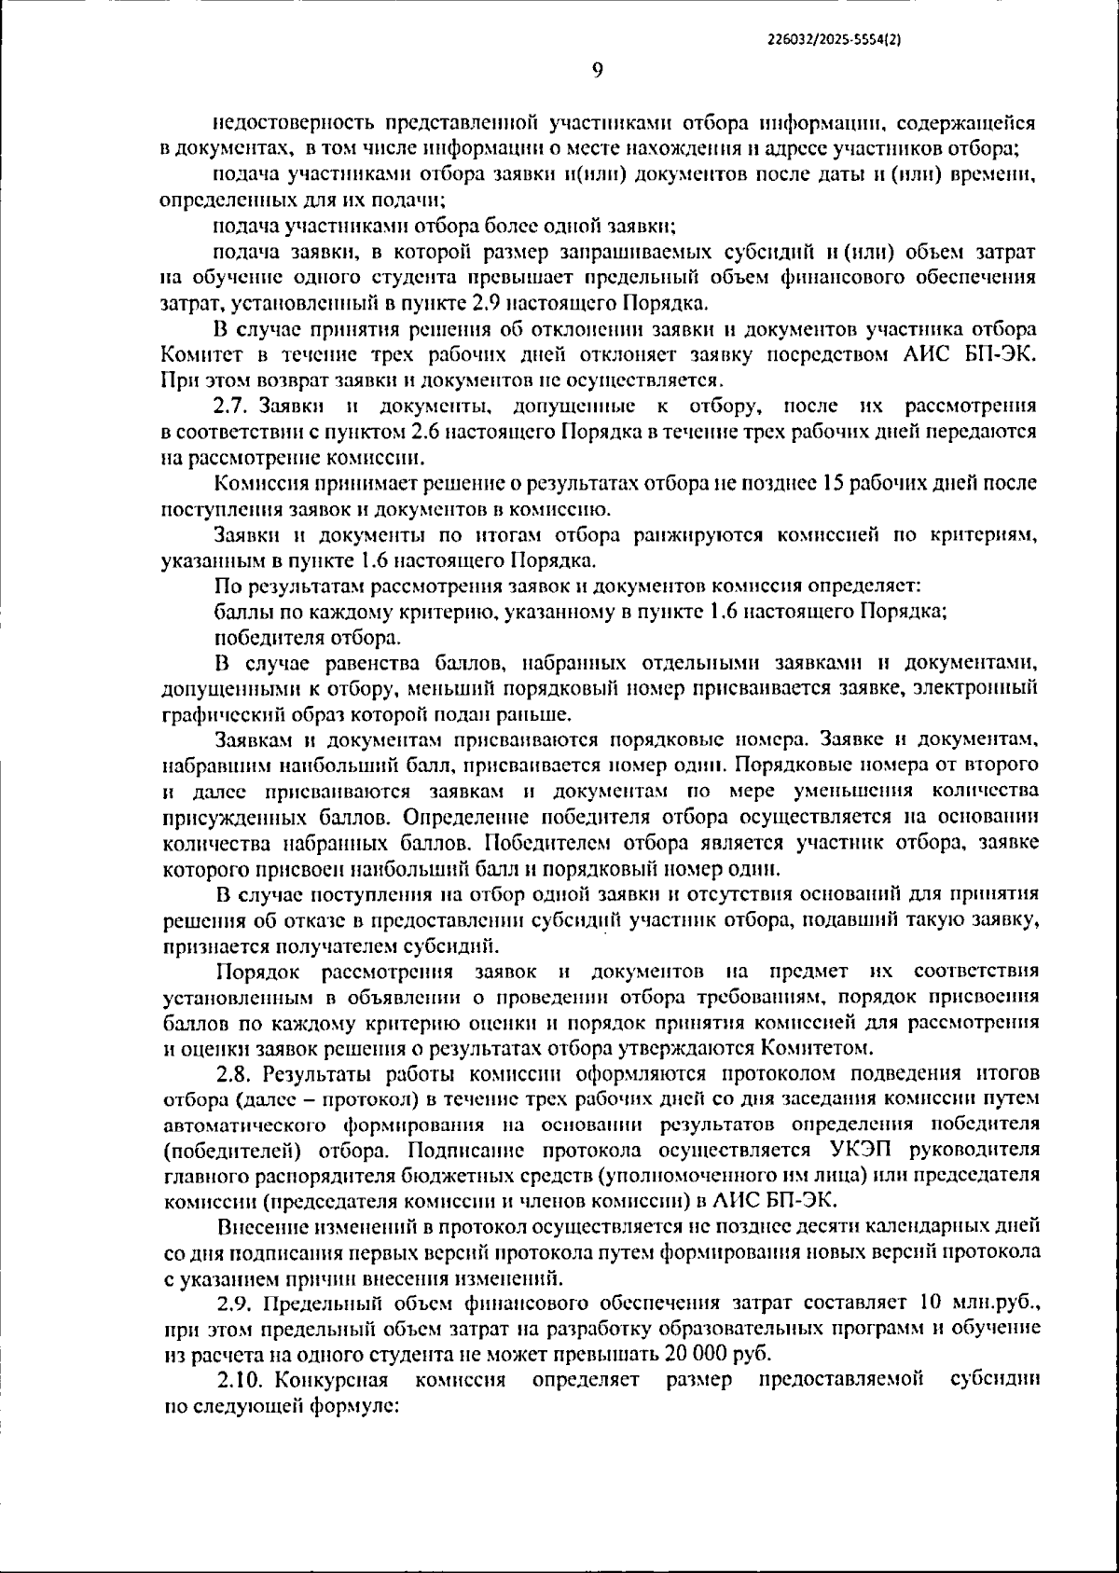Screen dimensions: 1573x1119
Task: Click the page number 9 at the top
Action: tap(598, 70)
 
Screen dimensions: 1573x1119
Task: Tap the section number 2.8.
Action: tap(236, 1071)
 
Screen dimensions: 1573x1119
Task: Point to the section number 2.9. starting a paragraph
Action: tap(237, 1303)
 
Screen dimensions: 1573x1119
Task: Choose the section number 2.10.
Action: tap(242, 1379)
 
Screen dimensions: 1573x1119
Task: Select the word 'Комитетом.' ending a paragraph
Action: tap(818, 1045)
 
